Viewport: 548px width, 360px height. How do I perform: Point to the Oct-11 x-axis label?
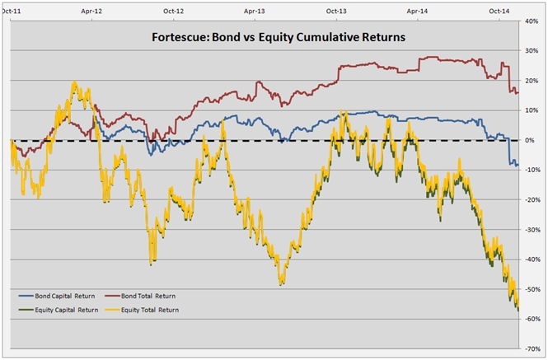(x=12, y=12)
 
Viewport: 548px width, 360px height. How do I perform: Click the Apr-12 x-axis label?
(x=92, y=12)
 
